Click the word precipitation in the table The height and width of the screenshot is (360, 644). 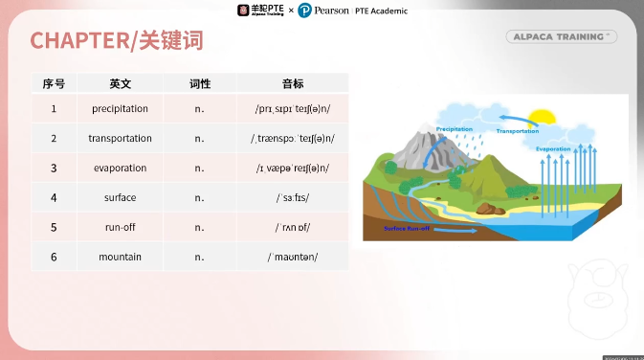pos(120,109)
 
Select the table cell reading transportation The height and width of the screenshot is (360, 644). pos(120,139)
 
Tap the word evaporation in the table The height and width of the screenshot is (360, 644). pos(120,169)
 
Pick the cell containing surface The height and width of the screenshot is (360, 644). pos(120,198)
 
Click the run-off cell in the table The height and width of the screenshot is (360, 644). pos(120,228)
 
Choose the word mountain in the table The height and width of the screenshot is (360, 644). pos(120,258)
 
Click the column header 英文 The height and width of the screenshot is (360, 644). pos(120,83)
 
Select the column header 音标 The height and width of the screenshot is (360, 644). pos(293,83)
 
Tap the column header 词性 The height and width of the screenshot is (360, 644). pos(199,83)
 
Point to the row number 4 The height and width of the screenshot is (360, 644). pos(54,198)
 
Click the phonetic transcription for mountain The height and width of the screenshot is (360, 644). pos(293,258)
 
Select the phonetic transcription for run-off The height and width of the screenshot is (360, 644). pos(293,228)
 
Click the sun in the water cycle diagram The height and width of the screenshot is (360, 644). pos(543,120)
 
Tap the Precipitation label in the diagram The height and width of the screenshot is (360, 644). pos(455,127)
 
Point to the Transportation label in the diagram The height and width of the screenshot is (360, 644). pos(519,130)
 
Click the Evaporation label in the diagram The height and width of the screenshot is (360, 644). pos(553,149)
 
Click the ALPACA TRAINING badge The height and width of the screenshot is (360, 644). pos(561,36)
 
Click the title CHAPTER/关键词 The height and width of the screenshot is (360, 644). pos(116,40)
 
